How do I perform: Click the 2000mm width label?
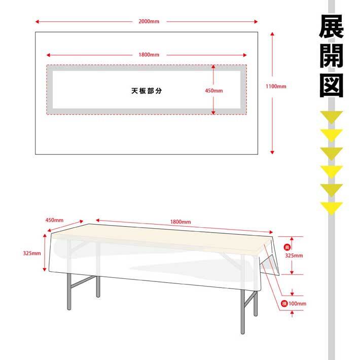tap(149, 21)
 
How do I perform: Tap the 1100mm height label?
tap(276, 86)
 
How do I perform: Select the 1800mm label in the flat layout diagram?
tap(149, 55)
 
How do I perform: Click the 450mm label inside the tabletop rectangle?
tap(214, 91)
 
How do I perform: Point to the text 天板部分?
tap(147, 91)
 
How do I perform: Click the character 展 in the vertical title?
tap(331, 27)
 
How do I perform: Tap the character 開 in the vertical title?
tap(331, 56)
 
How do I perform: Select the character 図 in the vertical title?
tap(331, 85)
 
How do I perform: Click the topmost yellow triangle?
tap(332, 117)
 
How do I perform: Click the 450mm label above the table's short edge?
tap(54, 220)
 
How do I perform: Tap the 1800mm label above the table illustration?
tap(181, 222)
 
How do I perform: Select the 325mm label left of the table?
tap(32, 253)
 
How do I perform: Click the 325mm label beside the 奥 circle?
tap(294, 256)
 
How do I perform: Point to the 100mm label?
tap(297, 304)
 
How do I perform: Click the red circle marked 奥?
tap(287, 247)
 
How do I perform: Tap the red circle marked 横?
tap(284, 304)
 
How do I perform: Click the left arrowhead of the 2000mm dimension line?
tap(37, 22)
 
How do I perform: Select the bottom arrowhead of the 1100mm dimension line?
tap(272, 153)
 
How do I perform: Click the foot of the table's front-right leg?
tap(242, 333)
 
